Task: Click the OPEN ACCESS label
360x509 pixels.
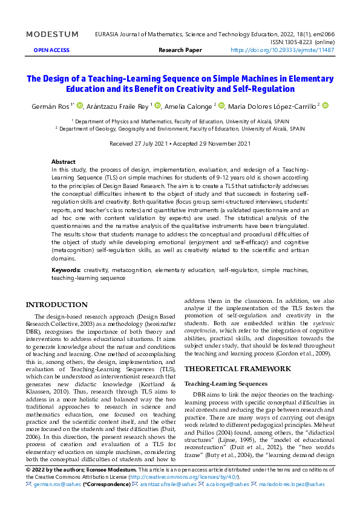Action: tap(51, 51)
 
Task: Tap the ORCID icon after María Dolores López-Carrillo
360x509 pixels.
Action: tap(325, 106)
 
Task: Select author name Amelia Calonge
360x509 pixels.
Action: tap(188, 106)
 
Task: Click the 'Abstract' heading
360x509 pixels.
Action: tap(64, 162)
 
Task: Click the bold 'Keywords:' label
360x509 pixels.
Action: tap(66, 270)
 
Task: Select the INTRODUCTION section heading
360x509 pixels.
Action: tap(57, 305)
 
